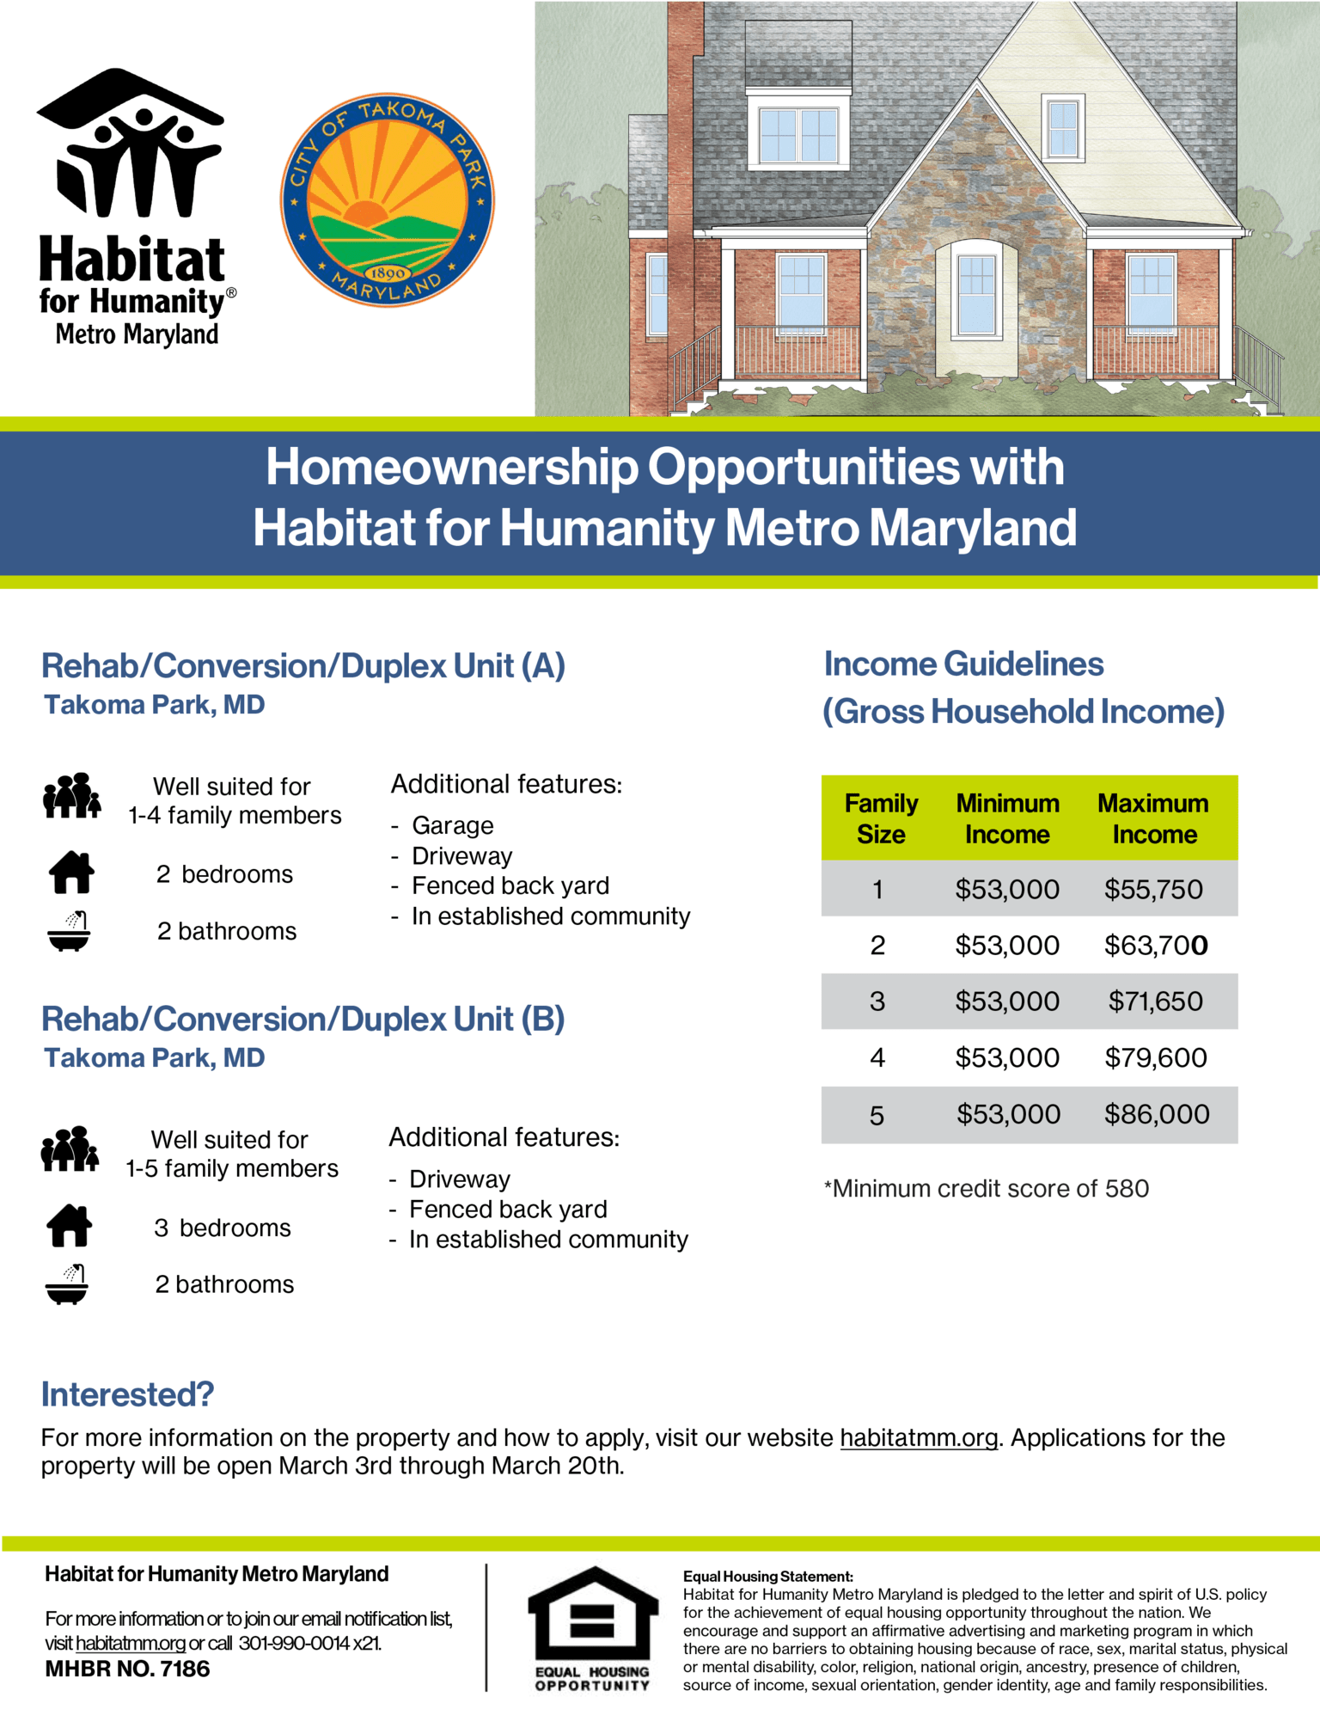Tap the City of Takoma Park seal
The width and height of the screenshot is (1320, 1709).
(388, 199)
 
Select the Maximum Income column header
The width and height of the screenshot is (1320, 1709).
(1153, 818)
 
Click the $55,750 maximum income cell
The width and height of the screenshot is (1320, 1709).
(1153, 889)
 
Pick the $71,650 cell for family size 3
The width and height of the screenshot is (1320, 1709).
(1155, 1001)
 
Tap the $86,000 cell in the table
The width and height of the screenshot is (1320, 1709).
(1157, 1114)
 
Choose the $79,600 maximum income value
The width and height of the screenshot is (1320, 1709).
(1156, 1057)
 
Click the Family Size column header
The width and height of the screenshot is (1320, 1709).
(881, 818)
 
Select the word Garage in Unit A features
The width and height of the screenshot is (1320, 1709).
(453, 825)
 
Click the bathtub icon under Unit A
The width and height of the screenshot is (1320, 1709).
(69, 931)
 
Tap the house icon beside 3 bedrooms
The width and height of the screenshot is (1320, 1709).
(70, 1226)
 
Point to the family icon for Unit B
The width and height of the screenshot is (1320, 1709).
(70, 1149)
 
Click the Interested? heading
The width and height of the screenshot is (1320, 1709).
(127, 1394)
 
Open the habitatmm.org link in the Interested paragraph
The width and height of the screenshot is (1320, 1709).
(919, 1437)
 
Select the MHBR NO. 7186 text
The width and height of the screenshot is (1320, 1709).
(127, 1669)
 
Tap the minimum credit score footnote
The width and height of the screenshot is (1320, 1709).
(986, 1188)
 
